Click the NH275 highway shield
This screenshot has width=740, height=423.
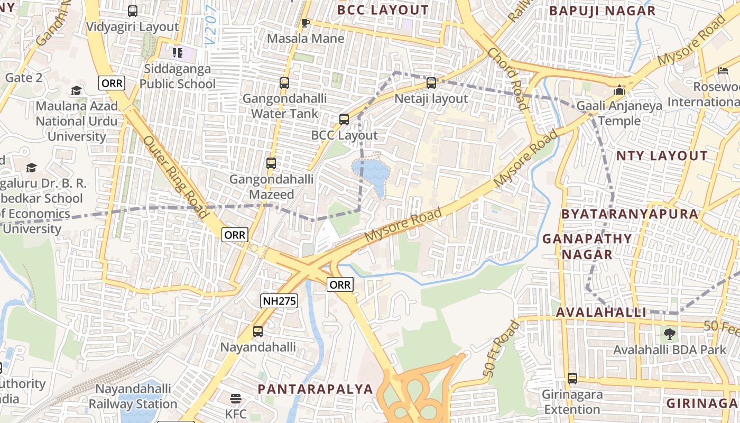point(279,301)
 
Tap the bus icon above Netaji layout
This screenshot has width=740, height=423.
point(431,83)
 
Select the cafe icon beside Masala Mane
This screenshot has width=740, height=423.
point(305,23)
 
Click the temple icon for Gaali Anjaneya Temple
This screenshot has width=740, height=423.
point(619,90)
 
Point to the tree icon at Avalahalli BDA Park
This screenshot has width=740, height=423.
point(670,334)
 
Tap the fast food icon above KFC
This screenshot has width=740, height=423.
point(236,398)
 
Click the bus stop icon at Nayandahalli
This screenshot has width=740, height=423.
point(258,332)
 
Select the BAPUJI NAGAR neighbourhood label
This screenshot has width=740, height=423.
point(602,11)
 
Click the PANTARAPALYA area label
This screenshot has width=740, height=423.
point(315,389)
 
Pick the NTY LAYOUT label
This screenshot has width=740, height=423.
point(661,155)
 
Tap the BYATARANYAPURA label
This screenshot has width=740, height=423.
point(630,214)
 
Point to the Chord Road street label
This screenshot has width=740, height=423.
point(508,79)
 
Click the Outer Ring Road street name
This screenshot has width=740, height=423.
point(175,177)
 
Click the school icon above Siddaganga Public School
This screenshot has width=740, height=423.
point(177,53)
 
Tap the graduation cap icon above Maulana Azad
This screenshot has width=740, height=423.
point(77,90)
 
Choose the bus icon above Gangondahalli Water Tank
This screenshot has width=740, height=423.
point(284,83)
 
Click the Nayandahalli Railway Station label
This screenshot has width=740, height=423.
point(133,397)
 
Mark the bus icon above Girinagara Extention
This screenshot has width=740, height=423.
point(572,379)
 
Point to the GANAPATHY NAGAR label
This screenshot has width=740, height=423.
point(587,246)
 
